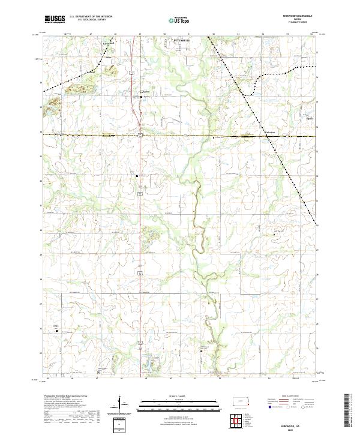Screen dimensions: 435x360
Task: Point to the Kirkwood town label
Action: (x=108, y=43)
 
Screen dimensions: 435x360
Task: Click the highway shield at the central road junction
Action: (x=140, y=136)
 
